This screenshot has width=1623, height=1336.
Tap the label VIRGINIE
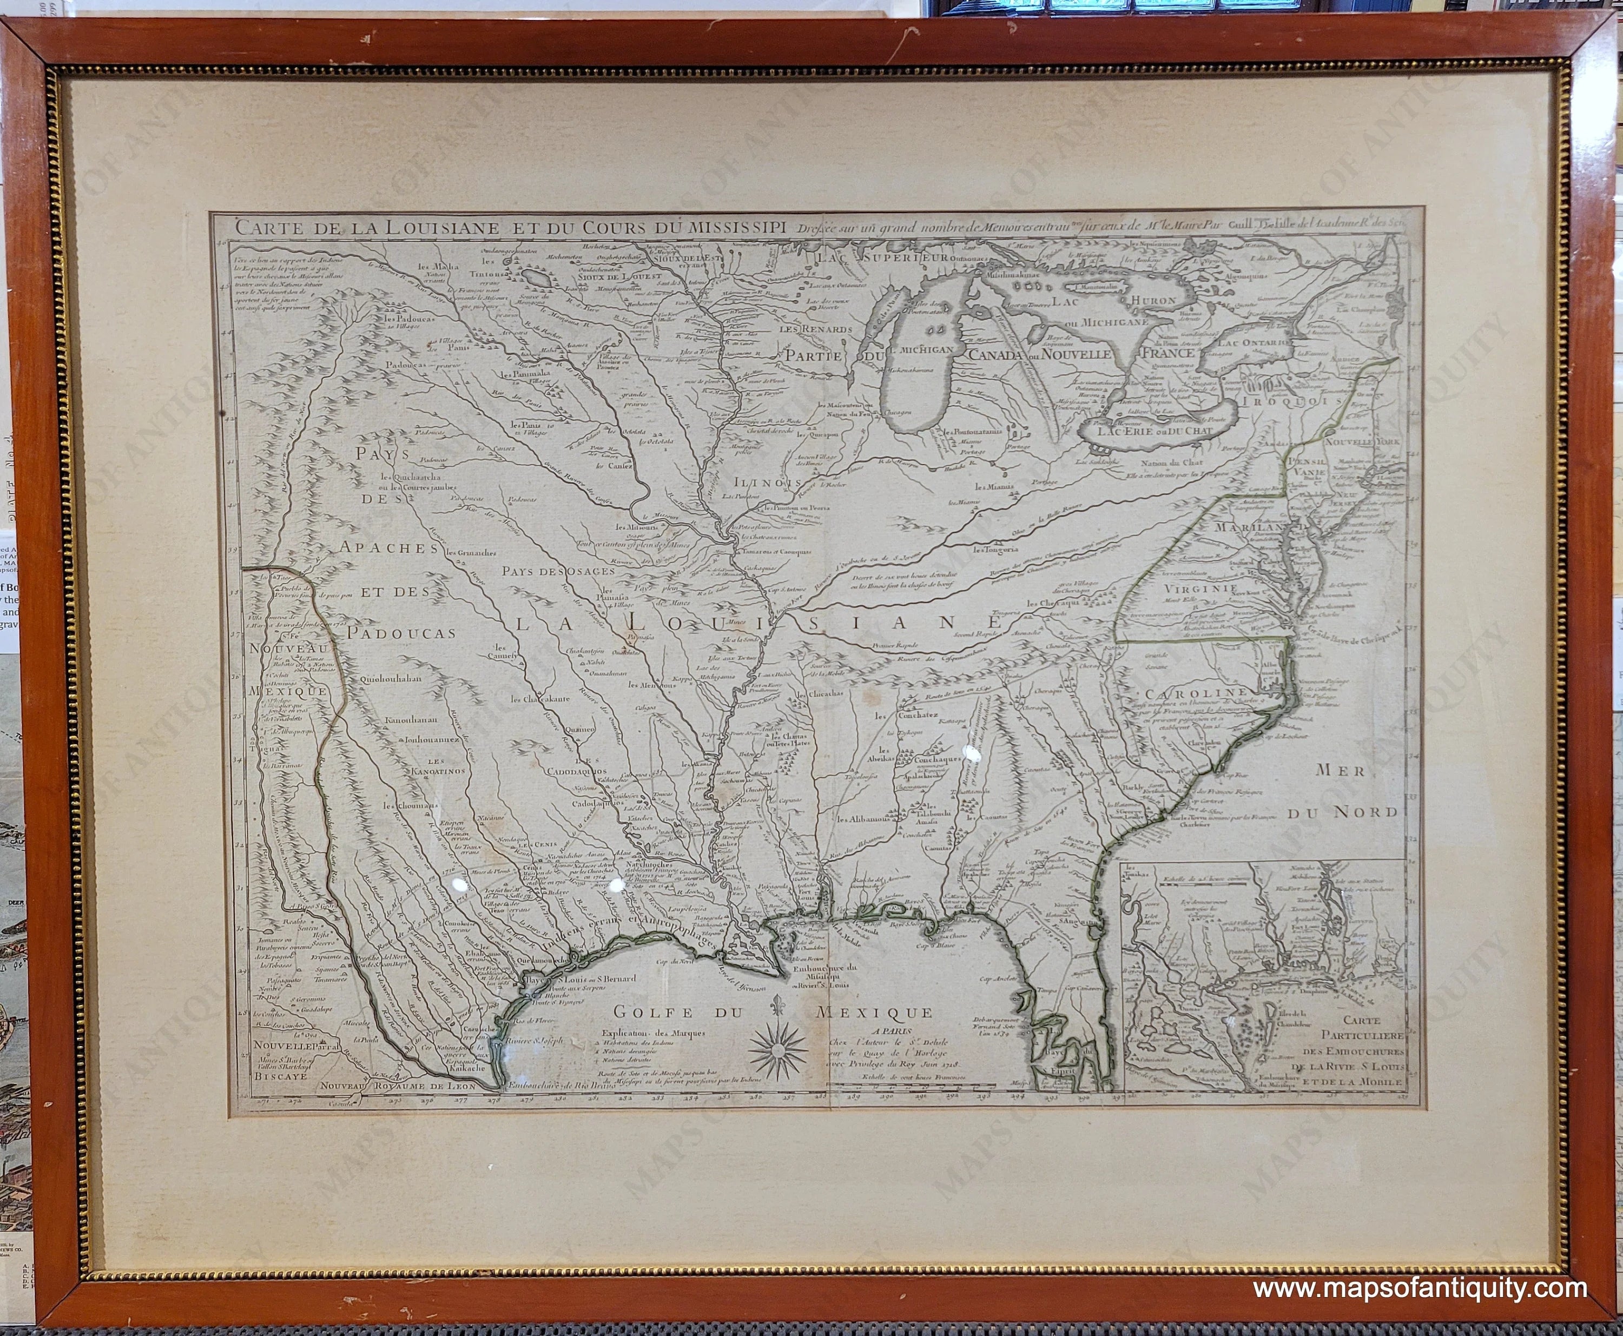1186,590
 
